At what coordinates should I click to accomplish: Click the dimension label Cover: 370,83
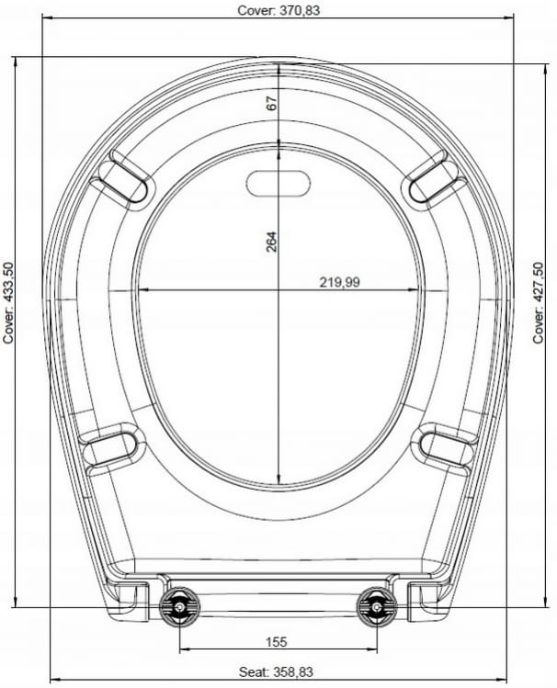tap(278, 10)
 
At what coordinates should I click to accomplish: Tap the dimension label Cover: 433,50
tap(9, 303)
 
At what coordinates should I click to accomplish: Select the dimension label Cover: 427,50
tap(538, 303)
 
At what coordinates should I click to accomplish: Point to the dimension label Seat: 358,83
tap(276, 671)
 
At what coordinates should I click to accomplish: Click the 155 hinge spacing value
tap(276, 642)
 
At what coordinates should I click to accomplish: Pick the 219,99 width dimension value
tap(339, 282)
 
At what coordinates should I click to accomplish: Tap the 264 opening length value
tap(272, 242)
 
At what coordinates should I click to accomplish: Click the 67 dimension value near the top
tap(272, 103)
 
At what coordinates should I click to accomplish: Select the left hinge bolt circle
tap(180, 607)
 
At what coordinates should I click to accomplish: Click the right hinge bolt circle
tap(377, 607)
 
